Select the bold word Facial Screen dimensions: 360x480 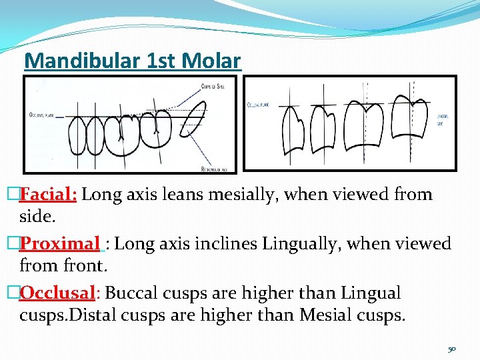pos(49,195)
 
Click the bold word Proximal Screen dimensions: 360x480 pos(60,243)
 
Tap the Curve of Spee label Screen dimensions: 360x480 pos(214,86)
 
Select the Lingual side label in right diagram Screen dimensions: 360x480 pos(443,119)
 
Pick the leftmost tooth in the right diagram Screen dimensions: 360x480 pos(293,130)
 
